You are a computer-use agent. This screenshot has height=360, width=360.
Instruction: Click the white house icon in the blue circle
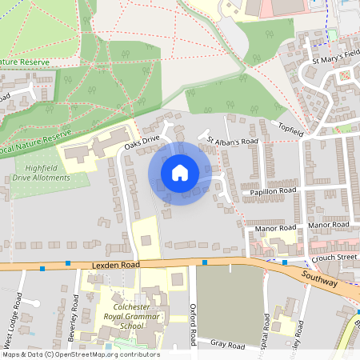[180, 173]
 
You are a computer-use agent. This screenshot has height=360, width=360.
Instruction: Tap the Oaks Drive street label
[142, 142]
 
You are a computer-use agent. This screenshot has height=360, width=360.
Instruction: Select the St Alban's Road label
[233, 142]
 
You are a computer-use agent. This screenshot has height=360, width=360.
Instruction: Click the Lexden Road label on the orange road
[115, 263]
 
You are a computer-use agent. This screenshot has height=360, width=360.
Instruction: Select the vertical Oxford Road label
[193, 325]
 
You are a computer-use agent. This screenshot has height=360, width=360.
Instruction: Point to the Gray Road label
[227, 345]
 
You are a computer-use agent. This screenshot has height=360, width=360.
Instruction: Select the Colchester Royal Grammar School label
[129, 316]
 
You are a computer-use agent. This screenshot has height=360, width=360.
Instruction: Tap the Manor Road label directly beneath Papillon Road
[276, 228]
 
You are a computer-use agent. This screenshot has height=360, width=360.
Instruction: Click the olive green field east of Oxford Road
[230, 304]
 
